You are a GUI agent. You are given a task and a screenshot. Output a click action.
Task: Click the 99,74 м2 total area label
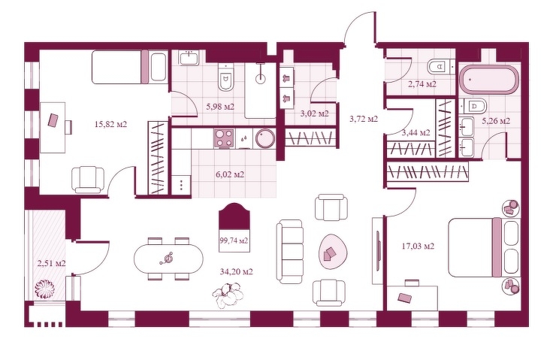pos(234,241)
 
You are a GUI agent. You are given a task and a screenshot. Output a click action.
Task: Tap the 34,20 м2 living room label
pos(237,272)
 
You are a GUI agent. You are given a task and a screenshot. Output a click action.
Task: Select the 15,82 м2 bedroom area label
pos(111,124)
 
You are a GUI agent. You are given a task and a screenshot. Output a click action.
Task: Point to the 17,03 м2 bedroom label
pos(418,246)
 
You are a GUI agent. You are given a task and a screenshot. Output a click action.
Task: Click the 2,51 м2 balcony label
pos(52,263)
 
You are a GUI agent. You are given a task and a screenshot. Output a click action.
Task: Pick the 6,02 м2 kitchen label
pos(230,174)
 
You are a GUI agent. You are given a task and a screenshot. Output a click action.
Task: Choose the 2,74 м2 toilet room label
pos(422,84)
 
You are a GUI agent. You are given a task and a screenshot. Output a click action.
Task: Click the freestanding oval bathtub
pos(488,80)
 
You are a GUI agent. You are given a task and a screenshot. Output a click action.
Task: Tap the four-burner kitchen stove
pos(224,138)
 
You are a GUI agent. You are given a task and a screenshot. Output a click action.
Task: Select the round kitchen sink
pos(265,138)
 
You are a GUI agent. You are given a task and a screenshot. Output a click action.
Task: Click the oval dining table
pos(168,258)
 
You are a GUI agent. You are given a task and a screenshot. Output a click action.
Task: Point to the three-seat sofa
pos(290,252)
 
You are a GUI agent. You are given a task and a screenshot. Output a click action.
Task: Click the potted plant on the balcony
pos(44,289)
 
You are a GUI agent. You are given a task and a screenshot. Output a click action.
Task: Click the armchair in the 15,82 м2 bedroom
pos(88,180)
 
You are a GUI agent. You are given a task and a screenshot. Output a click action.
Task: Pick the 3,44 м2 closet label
pos(415,132)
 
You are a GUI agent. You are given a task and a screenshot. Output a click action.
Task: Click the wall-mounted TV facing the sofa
pos(378,250)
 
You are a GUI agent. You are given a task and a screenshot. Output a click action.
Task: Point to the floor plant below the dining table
pos(229,294)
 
